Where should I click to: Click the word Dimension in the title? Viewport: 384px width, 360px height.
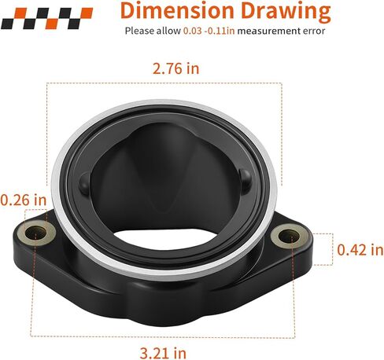coord(177,10)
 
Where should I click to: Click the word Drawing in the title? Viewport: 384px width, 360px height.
coord(286,12)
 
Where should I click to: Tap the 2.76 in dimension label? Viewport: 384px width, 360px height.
coord(175,68)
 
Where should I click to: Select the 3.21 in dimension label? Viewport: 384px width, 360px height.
coord(163,353)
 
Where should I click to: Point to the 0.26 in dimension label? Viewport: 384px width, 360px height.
coord(23,200)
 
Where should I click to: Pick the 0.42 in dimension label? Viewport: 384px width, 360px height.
coord(360,249)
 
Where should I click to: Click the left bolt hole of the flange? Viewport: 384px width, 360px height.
coord(35,233)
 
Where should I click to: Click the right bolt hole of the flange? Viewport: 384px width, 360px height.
coord(288,236)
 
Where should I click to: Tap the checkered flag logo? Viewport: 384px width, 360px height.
coord(46,18)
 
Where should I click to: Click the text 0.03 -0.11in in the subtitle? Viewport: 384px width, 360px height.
coord(209,31)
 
